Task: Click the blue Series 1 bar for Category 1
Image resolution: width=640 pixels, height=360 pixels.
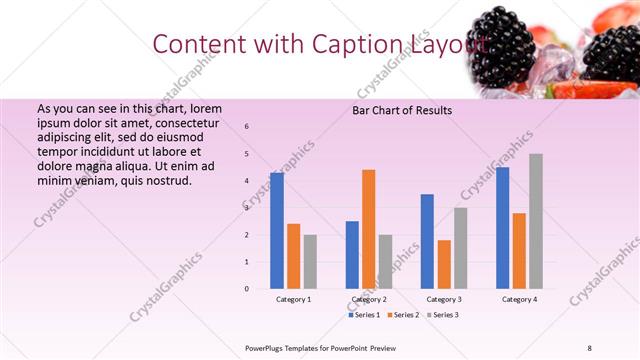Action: pyautogui.click(x=277, y=231)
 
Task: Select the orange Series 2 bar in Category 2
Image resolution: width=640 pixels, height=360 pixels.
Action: pyautogui.click(x=368, y=229)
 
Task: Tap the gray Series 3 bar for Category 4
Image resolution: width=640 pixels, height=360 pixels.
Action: pyautogui.click(x=536, y=221)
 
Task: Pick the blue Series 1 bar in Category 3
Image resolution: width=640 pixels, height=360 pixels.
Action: pyautogui.click(x=427, y=241)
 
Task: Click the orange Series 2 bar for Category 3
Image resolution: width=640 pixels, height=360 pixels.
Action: pyautogui.click(x=444, y=264)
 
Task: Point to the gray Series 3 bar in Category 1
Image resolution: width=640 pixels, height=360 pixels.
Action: pyautogui.click(x=310, y=262)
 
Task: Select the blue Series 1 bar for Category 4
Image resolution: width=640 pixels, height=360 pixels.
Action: pyautogui.click(x=502, y=228)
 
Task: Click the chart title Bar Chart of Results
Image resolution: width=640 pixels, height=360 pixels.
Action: pyautogui.click(x=402, y=110)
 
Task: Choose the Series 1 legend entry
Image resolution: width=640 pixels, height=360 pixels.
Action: pyautogui.click(x=364, y=315)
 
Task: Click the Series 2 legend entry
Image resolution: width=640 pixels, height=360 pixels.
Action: pyautogui.click(x=403, y=315)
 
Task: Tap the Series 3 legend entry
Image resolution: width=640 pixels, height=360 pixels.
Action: pyautogui.click(x=442, y=315)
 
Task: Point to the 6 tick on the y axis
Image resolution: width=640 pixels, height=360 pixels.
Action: pyautogui.click(x=247, y=127)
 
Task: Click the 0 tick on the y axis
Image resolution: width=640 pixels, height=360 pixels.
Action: pyautogui.click(x=247, y=289)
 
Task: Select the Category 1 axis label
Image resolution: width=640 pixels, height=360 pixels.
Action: pyautogui.click(x=294, y=300)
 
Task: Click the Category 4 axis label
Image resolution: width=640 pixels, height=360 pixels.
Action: pyautogui.click(x=519, y=300)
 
